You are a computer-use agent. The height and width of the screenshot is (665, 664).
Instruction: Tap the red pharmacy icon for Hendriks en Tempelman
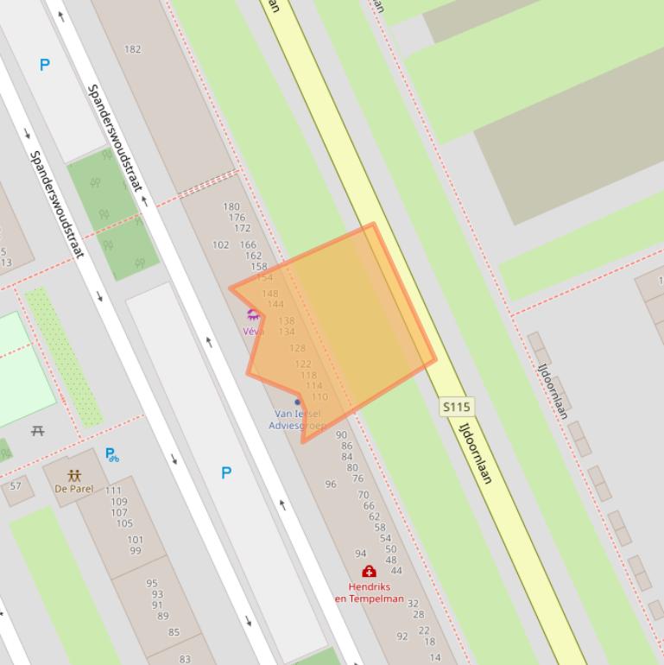pos(369,572)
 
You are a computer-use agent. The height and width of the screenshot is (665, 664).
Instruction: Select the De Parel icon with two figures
pos(73,475)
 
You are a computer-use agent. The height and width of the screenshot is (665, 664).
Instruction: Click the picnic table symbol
pos(37,430)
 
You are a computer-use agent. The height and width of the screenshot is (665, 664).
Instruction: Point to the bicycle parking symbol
pos(111,454)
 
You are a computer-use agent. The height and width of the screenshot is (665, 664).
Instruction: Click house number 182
pos(132,49)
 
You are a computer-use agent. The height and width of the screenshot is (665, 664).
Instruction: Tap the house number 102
pos(221,245)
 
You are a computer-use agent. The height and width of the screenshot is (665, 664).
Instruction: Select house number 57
pos(16,486)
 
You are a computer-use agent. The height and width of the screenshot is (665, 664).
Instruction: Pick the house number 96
pos(330,484)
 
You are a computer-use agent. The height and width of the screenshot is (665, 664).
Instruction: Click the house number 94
pos(360,554)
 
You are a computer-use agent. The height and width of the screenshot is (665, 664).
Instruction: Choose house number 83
pos(185,659)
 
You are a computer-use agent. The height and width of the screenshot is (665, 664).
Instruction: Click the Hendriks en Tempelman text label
pos(369,592)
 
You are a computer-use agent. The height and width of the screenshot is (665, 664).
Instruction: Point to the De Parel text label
pos(73,489)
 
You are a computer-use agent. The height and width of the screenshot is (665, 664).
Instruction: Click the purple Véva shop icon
pos(253,315)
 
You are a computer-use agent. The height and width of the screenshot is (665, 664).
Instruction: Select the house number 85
pos(174,632)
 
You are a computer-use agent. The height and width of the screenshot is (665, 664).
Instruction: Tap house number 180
pos(231,206)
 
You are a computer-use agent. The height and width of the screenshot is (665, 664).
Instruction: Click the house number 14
pos(435,657)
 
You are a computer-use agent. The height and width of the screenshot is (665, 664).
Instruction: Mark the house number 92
pos(402,636)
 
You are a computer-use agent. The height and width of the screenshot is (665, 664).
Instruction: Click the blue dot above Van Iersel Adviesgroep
pos(298,402)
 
